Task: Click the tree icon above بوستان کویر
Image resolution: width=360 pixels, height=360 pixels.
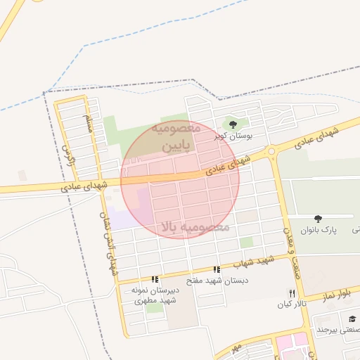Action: (233, 125)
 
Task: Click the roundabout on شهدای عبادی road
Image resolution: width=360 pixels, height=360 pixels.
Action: (271, 152)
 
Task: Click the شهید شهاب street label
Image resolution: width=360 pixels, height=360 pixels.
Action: (255, 262)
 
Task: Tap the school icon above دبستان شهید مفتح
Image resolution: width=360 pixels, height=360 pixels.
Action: (217, 269)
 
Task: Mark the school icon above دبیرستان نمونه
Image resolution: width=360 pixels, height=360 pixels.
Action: (155, 279)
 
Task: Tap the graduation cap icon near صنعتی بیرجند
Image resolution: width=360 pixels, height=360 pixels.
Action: (352, 319)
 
